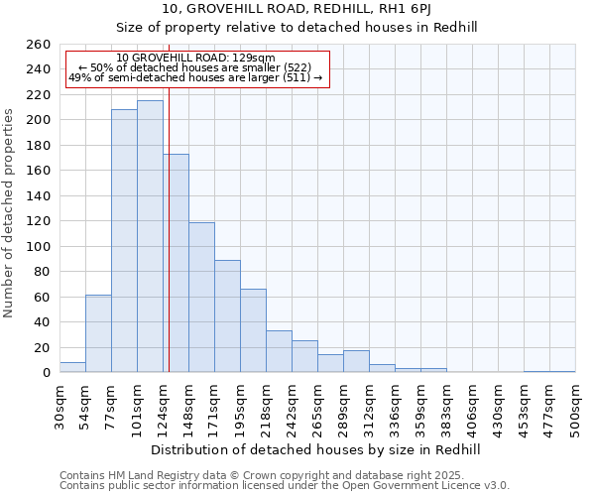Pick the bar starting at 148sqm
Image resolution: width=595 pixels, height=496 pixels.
pyautogui.click(x=201, y=298)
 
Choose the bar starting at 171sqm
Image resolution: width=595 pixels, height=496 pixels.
pyautogui.click(x=227, y=316)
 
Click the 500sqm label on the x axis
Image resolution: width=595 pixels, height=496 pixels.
pyautogui.click(x=576, y=408)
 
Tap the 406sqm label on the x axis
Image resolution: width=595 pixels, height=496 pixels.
pyautogui.click(x=473, y=408)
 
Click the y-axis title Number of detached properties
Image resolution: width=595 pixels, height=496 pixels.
pyautogui.click(x=10, y=227)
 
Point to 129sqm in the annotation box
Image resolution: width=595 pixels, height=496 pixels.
pyautogui.click(x=257, y=59)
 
